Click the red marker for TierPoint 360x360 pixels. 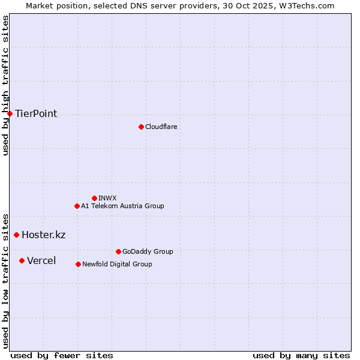tap(10, 113)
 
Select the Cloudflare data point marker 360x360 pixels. tap(141, 127)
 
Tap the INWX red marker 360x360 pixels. tap(94, 198)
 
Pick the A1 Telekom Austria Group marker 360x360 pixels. tap(77, 206)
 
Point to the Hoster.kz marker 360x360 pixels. tap(16, 235)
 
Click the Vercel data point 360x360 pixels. tap(22, 260)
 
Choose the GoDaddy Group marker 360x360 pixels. tap(118, 251)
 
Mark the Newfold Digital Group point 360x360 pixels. tap(78, 264)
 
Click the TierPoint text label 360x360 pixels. tap(36, 114)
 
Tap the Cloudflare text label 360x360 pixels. tap(161, 127)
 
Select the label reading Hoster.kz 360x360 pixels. tap(43, 235)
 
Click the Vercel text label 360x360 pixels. tap(41, 260)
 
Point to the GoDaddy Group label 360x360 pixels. tap(148, 251)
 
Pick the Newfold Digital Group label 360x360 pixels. tap(117, 264)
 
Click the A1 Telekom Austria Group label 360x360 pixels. tap(122, 206)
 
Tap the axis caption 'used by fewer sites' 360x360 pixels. tap(62, 355)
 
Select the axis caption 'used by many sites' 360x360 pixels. tap(301, 355)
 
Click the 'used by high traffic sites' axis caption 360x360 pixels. tap(5, 85)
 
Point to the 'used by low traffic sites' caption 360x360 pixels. tap(5, 280)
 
